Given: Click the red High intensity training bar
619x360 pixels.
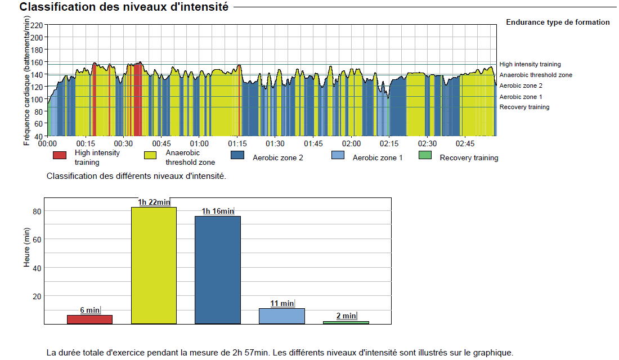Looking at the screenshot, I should point(89,319).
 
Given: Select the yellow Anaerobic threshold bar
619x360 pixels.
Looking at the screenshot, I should point(154,265).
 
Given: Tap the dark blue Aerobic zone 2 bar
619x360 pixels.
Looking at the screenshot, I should point(218,270).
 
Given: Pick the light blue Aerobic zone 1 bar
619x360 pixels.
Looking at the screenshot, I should point(282,316).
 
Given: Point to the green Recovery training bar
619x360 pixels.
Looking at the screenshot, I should point(346,322).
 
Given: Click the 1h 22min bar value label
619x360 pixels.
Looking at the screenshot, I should point(154,202).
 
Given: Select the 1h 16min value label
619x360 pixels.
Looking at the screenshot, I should point(218,211).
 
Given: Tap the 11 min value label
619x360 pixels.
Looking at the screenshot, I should point(282,304).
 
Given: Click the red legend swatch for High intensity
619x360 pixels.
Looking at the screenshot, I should point(60,155).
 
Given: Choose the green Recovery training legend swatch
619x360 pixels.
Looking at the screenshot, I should point(425,155).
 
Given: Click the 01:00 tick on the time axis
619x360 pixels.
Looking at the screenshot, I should point(199,144).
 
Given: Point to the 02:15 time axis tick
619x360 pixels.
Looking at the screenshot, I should point(389,144).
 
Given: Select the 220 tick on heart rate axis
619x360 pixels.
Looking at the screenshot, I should point(37,25).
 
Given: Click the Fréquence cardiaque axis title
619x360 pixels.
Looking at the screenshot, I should point(26,80).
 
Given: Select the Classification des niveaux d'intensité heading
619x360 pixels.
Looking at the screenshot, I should point(124,7).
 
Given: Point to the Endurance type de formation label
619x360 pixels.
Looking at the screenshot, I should point(558,22).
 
